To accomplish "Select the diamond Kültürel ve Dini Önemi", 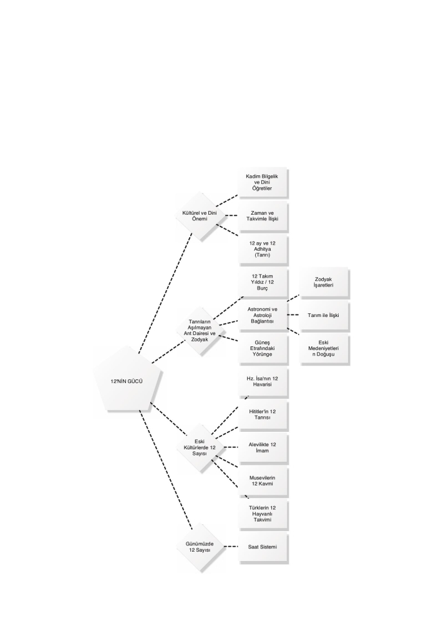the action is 200,215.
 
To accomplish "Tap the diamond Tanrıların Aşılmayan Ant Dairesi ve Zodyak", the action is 200,331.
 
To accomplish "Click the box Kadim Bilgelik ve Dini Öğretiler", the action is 263,182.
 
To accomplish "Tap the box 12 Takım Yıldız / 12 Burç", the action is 263,282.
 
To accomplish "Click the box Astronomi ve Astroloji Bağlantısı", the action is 263,315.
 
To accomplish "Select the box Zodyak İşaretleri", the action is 323,282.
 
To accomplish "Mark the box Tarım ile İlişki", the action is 323,315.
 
